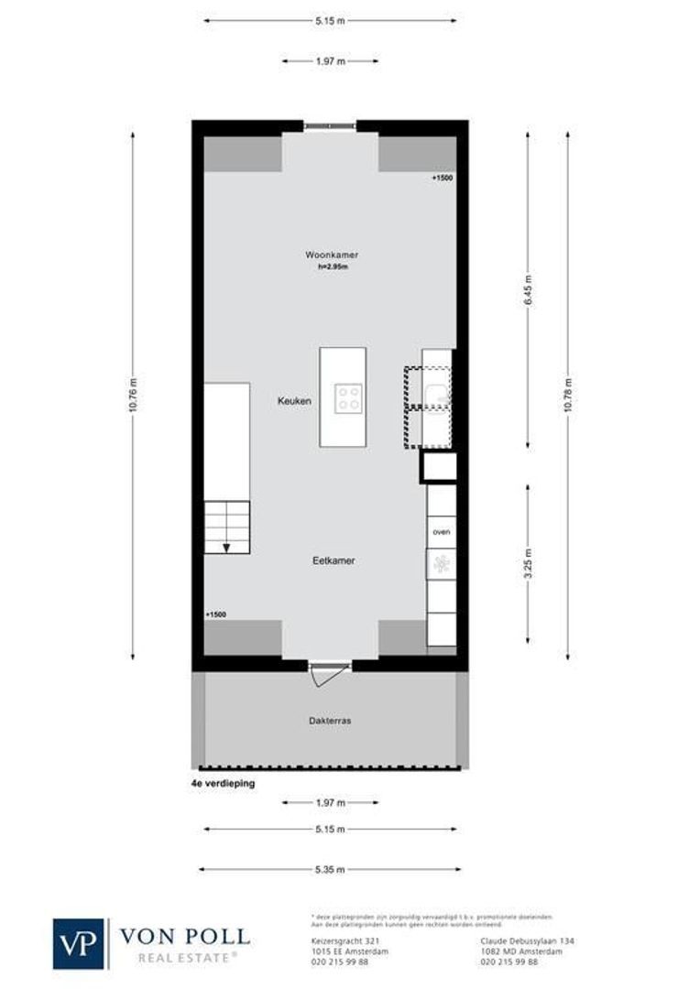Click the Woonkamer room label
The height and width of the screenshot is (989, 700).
(x=332, y=255)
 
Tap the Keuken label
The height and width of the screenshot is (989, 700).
(x=296, y=401)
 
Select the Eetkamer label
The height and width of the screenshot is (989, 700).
(x=334, y=560)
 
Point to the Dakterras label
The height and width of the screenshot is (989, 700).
(x=330, y=721)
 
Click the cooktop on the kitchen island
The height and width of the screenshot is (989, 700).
(x=348, y=397)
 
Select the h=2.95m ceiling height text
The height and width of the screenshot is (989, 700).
(x=333, y=266)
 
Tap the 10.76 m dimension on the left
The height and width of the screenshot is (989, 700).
(x=133, y=396)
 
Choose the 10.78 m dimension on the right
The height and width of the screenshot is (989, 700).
(x=568, y=396)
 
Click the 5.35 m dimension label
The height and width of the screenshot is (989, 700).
(x=331, y=869)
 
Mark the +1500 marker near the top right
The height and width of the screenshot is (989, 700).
(x=443, y=179)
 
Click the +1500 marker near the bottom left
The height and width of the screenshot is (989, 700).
(x=216, y=614)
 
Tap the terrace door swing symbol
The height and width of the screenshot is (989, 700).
(x=323, y=676)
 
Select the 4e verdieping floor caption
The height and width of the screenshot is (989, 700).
(x=217, y=784)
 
